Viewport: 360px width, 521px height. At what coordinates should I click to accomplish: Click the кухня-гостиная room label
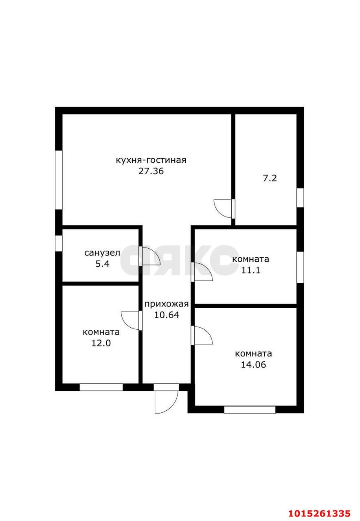pyautogui.click(x=151, y=160)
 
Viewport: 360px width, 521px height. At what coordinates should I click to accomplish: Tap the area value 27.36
pyautogui.click(x=151, y=171)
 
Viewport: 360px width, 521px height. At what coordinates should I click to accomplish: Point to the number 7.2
pyautogui.click(x=270, y=178)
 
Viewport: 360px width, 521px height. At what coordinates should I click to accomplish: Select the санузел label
pyautogui.click(x=102, y=253)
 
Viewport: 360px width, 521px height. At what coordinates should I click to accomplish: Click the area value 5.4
pyautogui.click(x=102, y=264)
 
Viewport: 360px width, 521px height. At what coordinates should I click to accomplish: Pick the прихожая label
pyautogui.click(x=167, y=304)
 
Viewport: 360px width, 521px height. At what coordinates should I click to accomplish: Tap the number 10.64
pyautogui.click(x=167, y=315)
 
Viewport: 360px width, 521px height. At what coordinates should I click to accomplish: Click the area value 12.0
pyautogui.click(x=101, y=343)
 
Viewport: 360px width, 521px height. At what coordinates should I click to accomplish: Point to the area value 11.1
pyautogui.click(x=250, y=270)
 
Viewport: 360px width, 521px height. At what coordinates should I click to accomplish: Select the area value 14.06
pyautogui.click(x=253, y=364)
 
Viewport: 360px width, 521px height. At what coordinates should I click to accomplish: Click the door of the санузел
pyautogui.click(x=149, y=256)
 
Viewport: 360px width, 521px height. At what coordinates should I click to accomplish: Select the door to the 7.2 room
pyautogui.click(x=224, y=208)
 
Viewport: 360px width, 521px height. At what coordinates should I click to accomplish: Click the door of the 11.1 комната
pyautogui.click(x=202, y=272)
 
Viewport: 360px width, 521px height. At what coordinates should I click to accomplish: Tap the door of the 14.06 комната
pyautogui.click(x=202, y=335)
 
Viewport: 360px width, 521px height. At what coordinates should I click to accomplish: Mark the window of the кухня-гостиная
pyautogui.click(x=59, y=180)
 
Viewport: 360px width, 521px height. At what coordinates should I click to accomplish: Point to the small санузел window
pyautogui.click(x=59, y=243)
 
